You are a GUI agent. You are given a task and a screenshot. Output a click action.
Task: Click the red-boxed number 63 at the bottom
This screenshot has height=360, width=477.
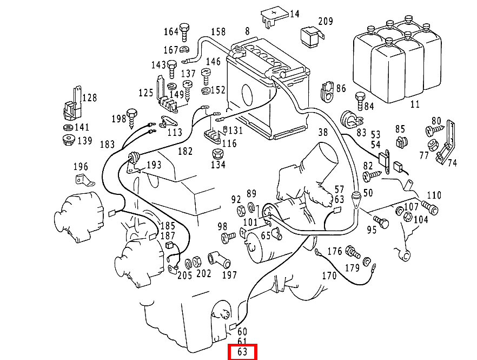(242, 352)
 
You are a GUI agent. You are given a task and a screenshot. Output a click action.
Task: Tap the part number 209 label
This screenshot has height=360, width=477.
(326, 22)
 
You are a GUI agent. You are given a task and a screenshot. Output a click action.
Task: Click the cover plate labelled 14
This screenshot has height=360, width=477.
(273, 16)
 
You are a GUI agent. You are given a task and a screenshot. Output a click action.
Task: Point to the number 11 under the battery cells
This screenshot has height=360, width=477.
(415, 104)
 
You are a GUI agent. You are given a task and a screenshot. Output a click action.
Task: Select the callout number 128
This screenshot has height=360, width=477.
(90, 98)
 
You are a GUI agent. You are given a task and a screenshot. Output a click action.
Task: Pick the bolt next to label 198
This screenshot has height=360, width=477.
(133, 117)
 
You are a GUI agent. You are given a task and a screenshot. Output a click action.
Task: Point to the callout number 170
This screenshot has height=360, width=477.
(329, 276)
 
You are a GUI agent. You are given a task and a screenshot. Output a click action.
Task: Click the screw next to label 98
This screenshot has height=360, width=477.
(228, 236)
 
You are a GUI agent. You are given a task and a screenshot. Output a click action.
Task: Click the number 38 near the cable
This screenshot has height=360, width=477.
(323, 132)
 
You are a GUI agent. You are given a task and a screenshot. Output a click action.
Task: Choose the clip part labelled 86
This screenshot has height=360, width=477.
(327, 91)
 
